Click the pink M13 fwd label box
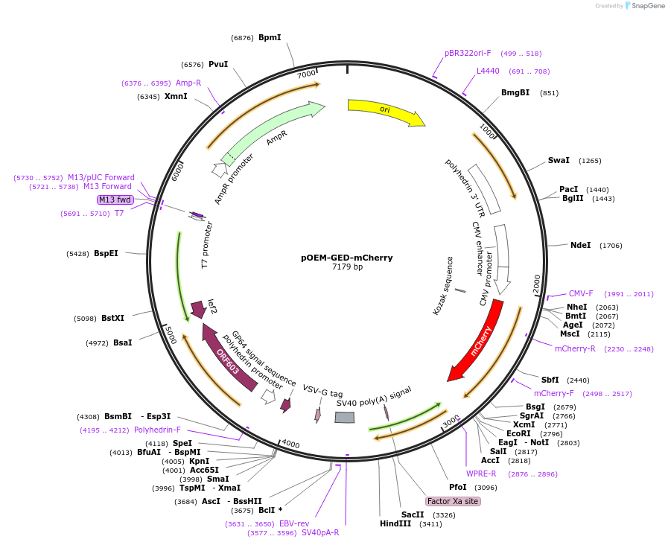click(x=115, y=200)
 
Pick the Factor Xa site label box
click(x=453, y=501)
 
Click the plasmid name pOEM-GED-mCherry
click(x=347, y=258)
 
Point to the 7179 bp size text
click(x=347, y=267)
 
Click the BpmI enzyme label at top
click(x=270, y=37)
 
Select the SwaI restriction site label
click(x=559, y=160)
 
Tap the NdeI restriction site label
click(x=580, y=245)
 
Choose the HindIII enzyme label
click(x=395, y=523)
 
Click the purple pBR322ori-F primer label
click(x=468, y=53)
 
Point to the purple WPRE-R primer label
click(x=481, y=474)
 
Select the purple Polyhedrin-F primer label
click(x=157, y=430)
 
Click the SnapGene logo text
click(x=645, y=6)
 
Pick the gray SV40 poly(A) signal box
click(x=345, y=418)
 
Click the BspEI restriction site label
click(x=106, y=253)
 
